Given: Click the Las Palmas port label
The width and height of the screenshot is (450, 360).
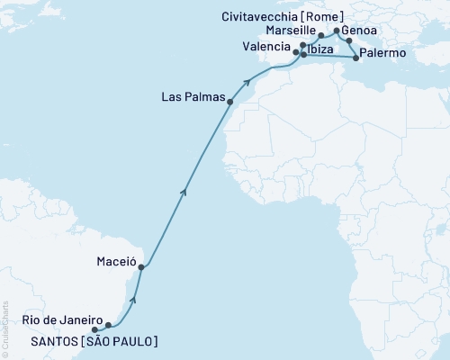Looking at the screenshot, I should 192,96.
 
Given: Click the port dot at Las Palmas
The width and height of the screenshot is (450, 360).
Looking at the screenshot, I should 231,103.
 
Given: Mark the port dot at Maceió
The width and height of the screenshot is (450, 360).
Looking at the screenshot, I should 141,266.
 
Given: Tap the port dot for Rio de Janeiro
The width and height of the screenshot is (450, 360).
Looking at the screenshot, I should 108,324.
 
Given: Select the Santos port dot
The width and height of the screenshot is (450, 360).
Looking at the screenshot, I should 94,329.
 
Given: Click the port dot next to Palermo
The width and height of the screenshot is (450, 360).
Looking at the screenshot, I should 357,58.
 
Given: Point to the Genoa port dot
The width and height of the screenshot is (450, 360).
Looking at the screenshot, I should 349,40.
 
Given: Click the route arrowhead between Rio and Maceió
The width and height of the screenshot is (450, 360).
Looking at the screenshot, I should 134,298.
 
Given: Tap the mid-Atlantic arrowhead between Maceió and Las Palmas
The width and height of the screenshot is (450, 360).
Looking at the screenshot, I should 184,190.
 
